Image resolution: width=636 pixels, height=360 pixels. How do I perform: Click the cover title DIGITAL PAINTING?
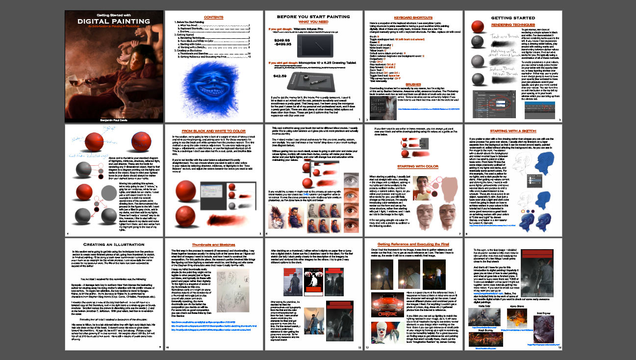click(x=113, y=21)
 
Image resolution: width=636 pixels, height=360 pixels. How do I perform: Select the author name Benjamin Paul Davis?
click(x=114, y=119)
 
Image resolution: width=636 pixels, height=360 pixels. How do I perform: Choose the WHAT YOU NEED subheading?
click(x=314, y=22)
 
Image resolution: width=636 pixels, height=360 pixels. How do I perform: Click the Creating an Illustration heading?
click(x=113, y=244)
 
